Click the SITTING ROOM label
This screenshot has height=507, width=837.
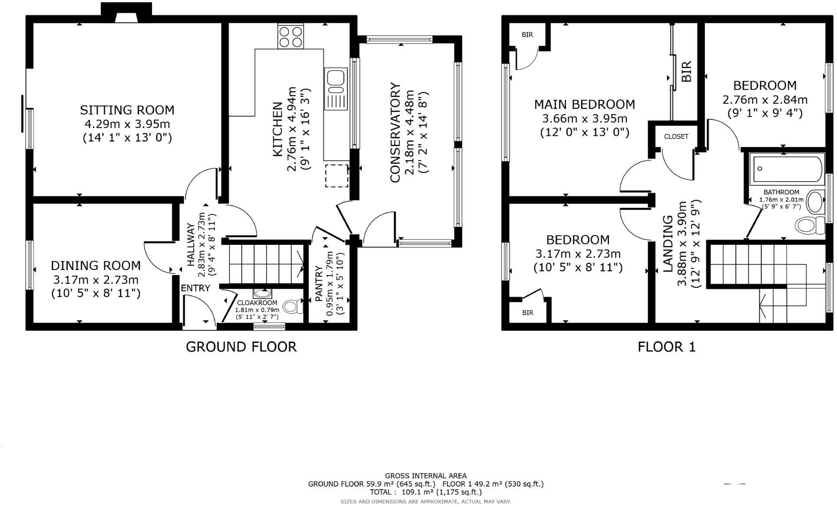(127, 110)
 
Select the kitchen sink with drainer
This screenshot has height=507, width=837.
(336, 89)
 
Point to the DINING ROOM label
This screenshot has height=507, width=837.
(96, 265)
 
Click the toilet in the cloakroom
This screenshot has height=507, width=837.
(295, 307)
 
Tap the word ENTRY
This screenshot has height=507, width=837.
(195, 288)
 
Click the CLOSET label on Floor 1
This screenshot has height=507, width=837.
(676, 136)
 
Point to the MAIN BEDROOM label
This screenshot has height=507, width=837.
(584, 105)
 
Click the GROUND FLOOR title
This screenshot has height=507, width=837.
(241, 347)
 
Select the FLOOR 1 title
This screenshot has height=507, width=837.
(666, 347)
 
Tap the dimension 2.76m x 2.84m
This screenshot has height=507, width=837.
(765, 100)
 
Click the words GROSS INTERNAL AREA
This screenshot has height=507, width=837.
(425, 476)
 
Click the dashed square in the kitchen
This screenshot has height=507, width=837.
(336, 176)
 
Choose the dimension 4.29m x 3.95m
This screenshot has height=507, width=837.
(127, 124)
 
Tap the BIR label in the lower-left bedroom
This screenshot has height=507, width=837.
(527, 313)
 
